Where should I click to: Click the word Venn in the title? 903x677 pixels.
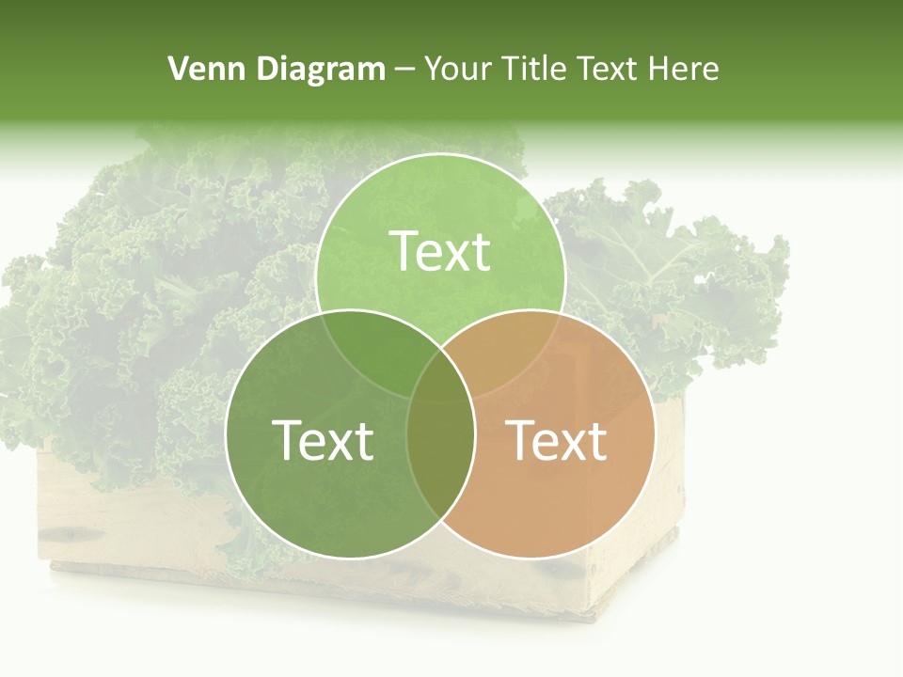198,69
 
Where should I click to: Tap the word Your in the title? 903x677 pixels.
459,69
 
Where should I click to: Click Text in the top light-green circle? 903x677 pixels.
440,251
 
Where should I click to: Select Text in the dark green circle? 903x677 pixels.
323,439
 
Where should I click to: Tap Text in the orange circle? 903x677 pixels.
557,439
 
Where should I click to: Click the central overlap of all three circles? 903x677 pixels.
440,376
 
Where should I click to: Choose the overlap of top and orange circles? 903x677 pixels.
508,348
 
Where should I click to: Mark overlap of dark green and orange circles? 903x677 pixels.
440,461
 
